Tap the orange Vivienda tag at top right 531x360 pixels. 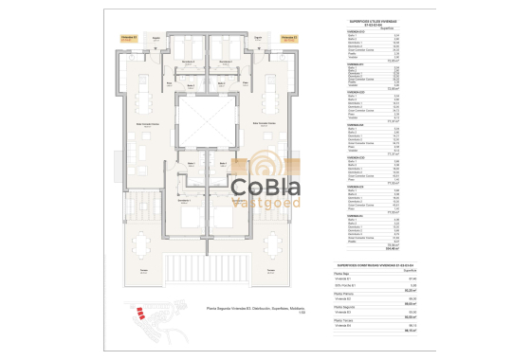288,39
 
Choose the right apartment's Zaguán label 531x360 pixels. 257,39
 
